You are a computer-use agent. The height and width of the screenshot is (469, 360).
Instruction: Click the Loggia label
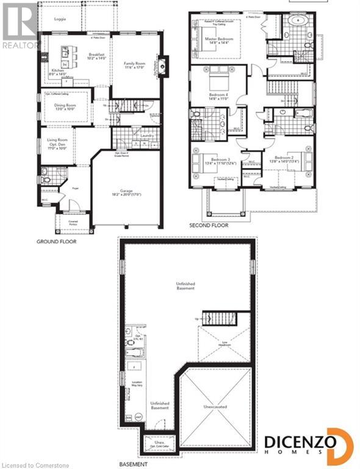pos(60,19)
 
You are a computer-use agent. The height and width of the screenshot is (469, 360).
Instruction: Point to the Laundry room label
pos(146,137)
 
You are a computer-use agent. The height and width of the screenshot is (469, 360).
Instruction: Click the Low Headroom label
pos(225,343)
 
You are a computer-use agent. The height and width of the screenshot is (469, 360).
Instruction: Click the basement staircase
pos(217,319)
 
